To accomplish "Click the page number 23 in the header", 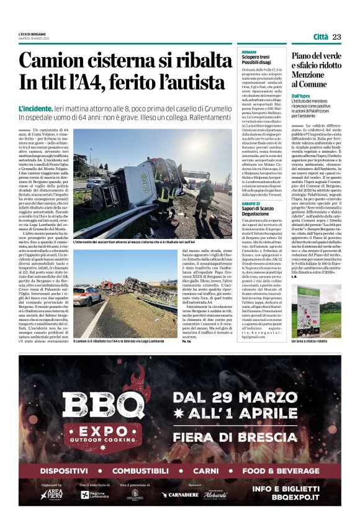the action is pyautogui.click(x=337, y=37).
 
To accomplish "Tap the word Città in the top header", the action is pyautogui.click(x=320, y=37).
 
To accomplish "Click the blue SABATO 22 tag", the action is pyautogui.click(x=251, y=204).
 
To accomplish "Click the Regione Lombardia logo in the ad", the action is pyautogui.click(x=94, y=494).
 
